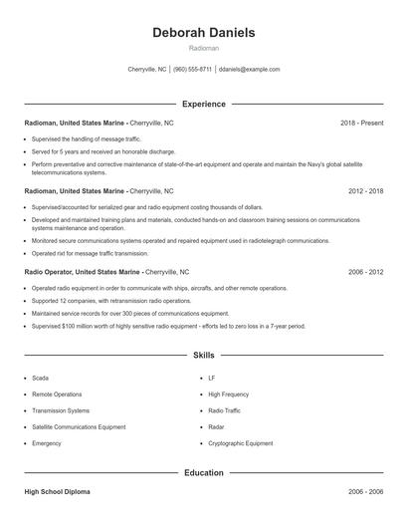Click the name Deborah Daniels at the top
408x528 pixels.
(x=203, y=33)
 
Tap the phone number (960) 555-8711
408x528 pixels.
(x=192, y=70)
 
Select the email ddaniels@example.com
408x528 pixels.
(x=250, y=70)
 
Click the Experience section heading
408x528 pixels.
(x=203, y=104)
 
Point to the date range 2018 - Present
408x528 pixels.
(x=361, y=123)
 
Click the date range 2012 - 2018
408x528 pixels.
(x=364, y=190)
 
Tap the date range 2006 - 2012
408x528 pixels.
(x=364, y=271)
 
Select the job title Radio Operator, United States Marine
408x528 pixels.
(x=83, y=271)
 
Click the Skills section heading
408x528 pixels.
(x=203, y=355)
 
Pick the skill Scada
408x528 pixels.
(x=40, y=379)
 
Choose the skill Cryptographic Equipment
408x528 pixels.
(x=240, y=442)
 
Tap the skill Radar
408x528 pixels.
(x=216, y=426)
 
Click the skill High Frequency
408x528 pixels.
(x=228, y=395)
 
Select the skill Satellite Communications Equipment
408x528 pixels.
(x=79, y=426)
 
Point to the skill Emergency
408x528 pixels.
(x=47, y=442)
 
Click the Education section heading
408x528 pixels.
(x=203, y=473)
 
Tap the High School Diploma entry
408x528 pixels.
(x=58, y=492)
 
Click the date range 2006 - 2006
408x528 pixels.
(x=364, y=492)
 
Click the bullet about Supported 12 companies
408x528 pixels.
(x=110, y=300)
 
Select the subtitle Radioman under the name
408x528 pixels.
(x=203, y=48)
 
